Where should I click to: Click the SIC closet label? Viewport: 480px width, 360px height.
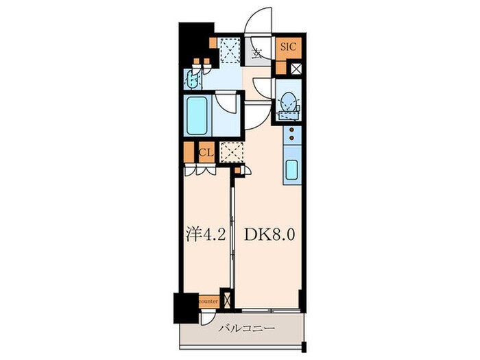tap(289, 47)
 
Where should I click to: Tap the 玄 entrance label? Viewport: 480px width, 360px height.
tap(256, 54)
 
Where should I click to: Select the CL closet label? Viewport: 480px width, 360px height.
tap(206, 152)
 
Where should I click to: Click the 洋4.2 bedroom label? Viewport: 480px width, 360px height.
tap(206, 235)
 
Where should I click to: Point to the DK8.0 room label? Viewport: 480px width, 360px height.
tap(269, 235)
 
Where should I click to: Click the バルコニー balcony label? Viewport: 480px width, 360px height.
tap(246, 328)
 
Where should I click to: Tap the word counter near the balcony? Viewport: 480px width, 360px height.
tap(208, 302)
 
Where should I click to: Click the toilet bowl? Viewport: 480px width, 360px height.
tap(289, 101)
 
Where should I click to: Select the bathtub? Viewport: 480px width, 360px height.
tap(197, 115)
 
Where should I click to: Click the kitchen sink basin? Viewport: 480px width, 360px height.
tap(291, 170)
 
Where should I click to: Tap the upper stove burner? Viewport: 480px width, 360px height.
tap(291, 130)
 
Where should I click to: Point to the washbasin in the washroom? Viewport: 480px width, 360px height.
tap(193, 78)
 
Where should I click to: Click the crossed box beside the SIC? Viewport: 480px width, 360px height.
tap(296, 69)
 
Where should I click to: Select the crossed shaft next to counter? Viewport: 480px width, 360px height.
tap(227, 300)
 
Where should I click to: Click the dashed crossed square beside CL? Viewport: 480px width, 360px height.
tap(232, 152)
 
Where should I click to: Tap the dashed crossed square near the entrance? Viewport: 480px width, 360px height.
tap(230, 50)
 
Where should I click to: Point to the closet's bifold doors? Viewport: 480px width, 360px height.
tap(200, 170)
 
